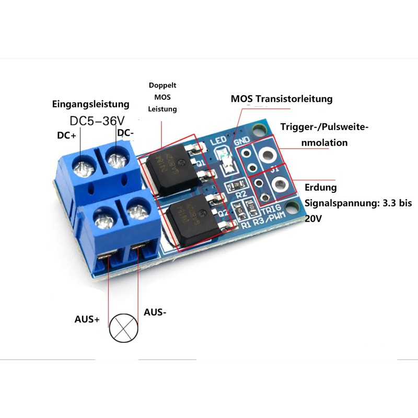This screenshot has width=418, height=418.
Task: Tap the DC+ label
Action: click(x=67, y=135)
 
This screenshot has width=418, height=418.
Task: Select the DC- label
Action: click(x=125, y=133)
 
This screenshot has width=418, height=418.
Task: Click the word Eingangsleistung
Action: click(x=90, y=103)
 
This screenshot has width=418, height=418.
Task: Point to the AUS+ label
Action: click(x=87, y=319)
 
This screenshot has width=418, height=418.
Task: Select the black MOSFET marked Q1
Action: click(x=166, y=170)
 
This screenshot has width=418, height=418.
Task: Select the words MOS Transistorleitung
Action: click(x=282, y=99)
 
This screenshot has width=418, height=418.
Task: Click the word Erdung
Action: click(x=320, y=187)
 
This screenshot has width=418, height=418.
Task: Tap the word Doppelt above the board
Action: click(x=162, y=85)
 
